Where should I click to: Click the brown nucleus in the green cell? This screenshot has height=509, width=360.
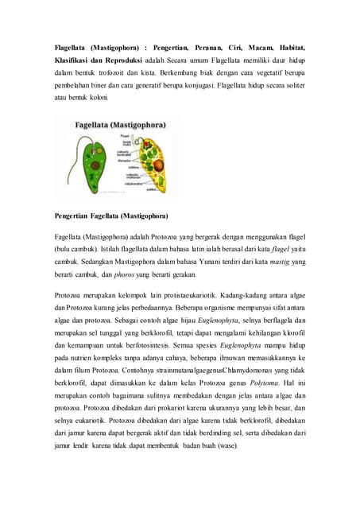[x=82, y=165]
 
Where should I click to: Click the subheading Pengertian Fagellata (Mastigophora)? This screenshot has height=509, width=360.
[x=110, y=216]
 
